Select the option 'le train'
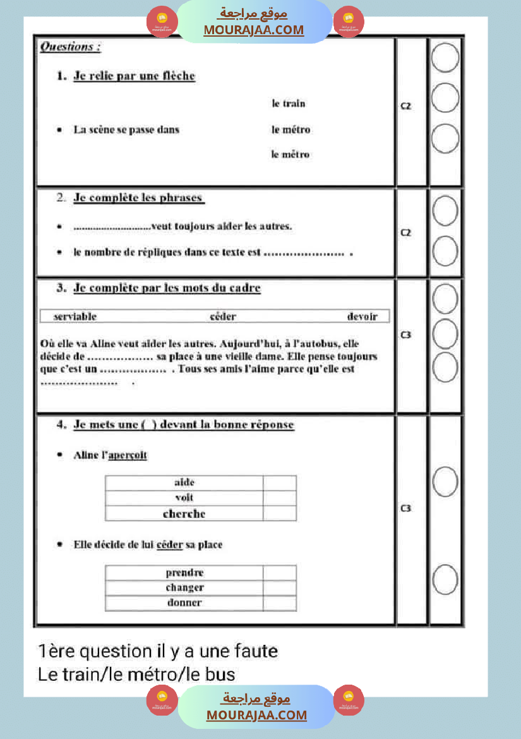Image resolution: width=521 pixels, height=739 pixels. [289, 104]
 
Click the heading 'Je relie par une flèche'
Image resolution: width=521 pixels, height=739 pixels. [134, 76]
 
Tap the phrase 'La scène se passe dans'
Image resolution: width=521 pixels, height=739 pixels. [126, 130]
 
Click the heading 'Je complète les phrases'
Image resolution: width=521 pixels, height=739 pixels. [138, 198]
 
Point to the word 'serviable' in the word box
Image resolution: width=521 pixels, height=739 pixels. [75, 316]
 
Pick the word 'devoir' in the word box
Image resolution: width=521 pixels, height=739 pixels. [362, 316]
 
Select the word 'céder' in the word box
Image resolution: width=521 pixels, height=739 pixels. [223, 316]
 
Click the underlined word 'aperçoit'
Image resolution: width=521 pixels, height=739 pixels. [128, 455]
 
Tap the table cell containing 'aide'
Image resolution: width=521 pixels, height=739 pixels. [184, 483]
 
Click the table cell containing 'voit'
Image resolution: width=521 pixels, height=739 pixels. [184, 498]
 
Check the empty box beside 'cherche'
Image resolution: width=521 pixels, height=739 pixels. [280, 514]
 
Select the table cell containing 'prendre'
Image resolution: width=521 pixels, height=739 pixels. [184, 573]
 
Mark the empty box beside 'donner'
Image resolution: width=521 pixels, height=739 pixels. [280, 603]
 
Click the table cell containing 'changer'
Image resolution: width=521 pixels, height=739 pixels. [184, 588]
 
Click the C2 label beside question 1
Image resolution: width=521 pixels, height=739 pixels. [406, 106]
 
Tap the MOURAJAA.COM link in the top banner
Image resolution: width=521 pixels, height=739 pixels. [253, 30]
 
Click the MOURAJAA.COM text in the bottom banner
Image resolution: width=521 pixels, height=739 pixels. [256, 716]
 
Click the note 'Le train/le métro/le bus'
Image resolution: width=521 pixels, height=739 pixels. [137, 674]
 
